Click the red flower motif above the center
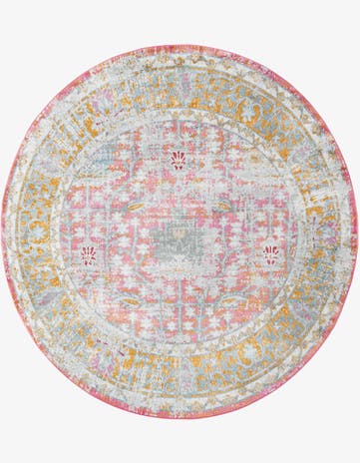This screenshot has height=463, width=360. click(179, 160)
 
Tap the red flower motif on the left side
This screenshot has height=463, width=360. click(89, 254)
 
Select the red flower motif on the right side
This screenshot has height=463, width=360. click(270, 254)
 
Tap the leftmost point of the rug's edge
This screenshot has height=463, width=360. click(3, 231)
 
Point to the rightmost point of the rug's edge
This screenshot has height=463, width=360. click(357, 231)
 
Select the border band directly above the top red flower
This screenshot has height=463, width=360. click(180, 85)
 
